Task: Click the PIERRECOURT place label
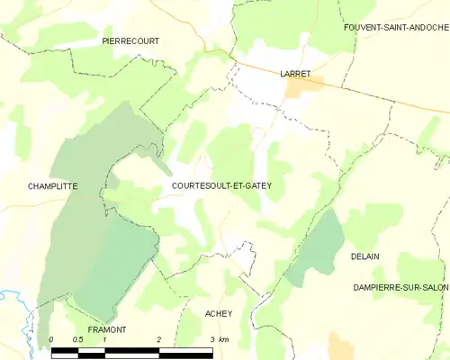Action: click(x=130, y=41)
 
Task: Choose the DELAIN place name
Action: click(x=364, y=256)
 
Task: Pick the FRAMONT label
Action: click(x=107, y=329)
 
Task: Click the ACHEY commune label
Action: click(x=219, y=313)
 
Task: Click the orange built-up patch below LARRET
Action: click(x=304, y=85)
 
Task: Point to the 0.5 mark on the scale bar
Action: click(x=78, y=339)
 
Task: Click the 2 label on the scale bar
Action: click(x=159, y=339)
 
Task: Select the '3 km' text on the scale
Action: click(x=217, y=339)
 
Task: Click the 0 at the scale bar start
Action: click(x=51, y=339)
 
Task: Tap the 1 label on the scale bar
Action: click(x=105, y=339)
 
